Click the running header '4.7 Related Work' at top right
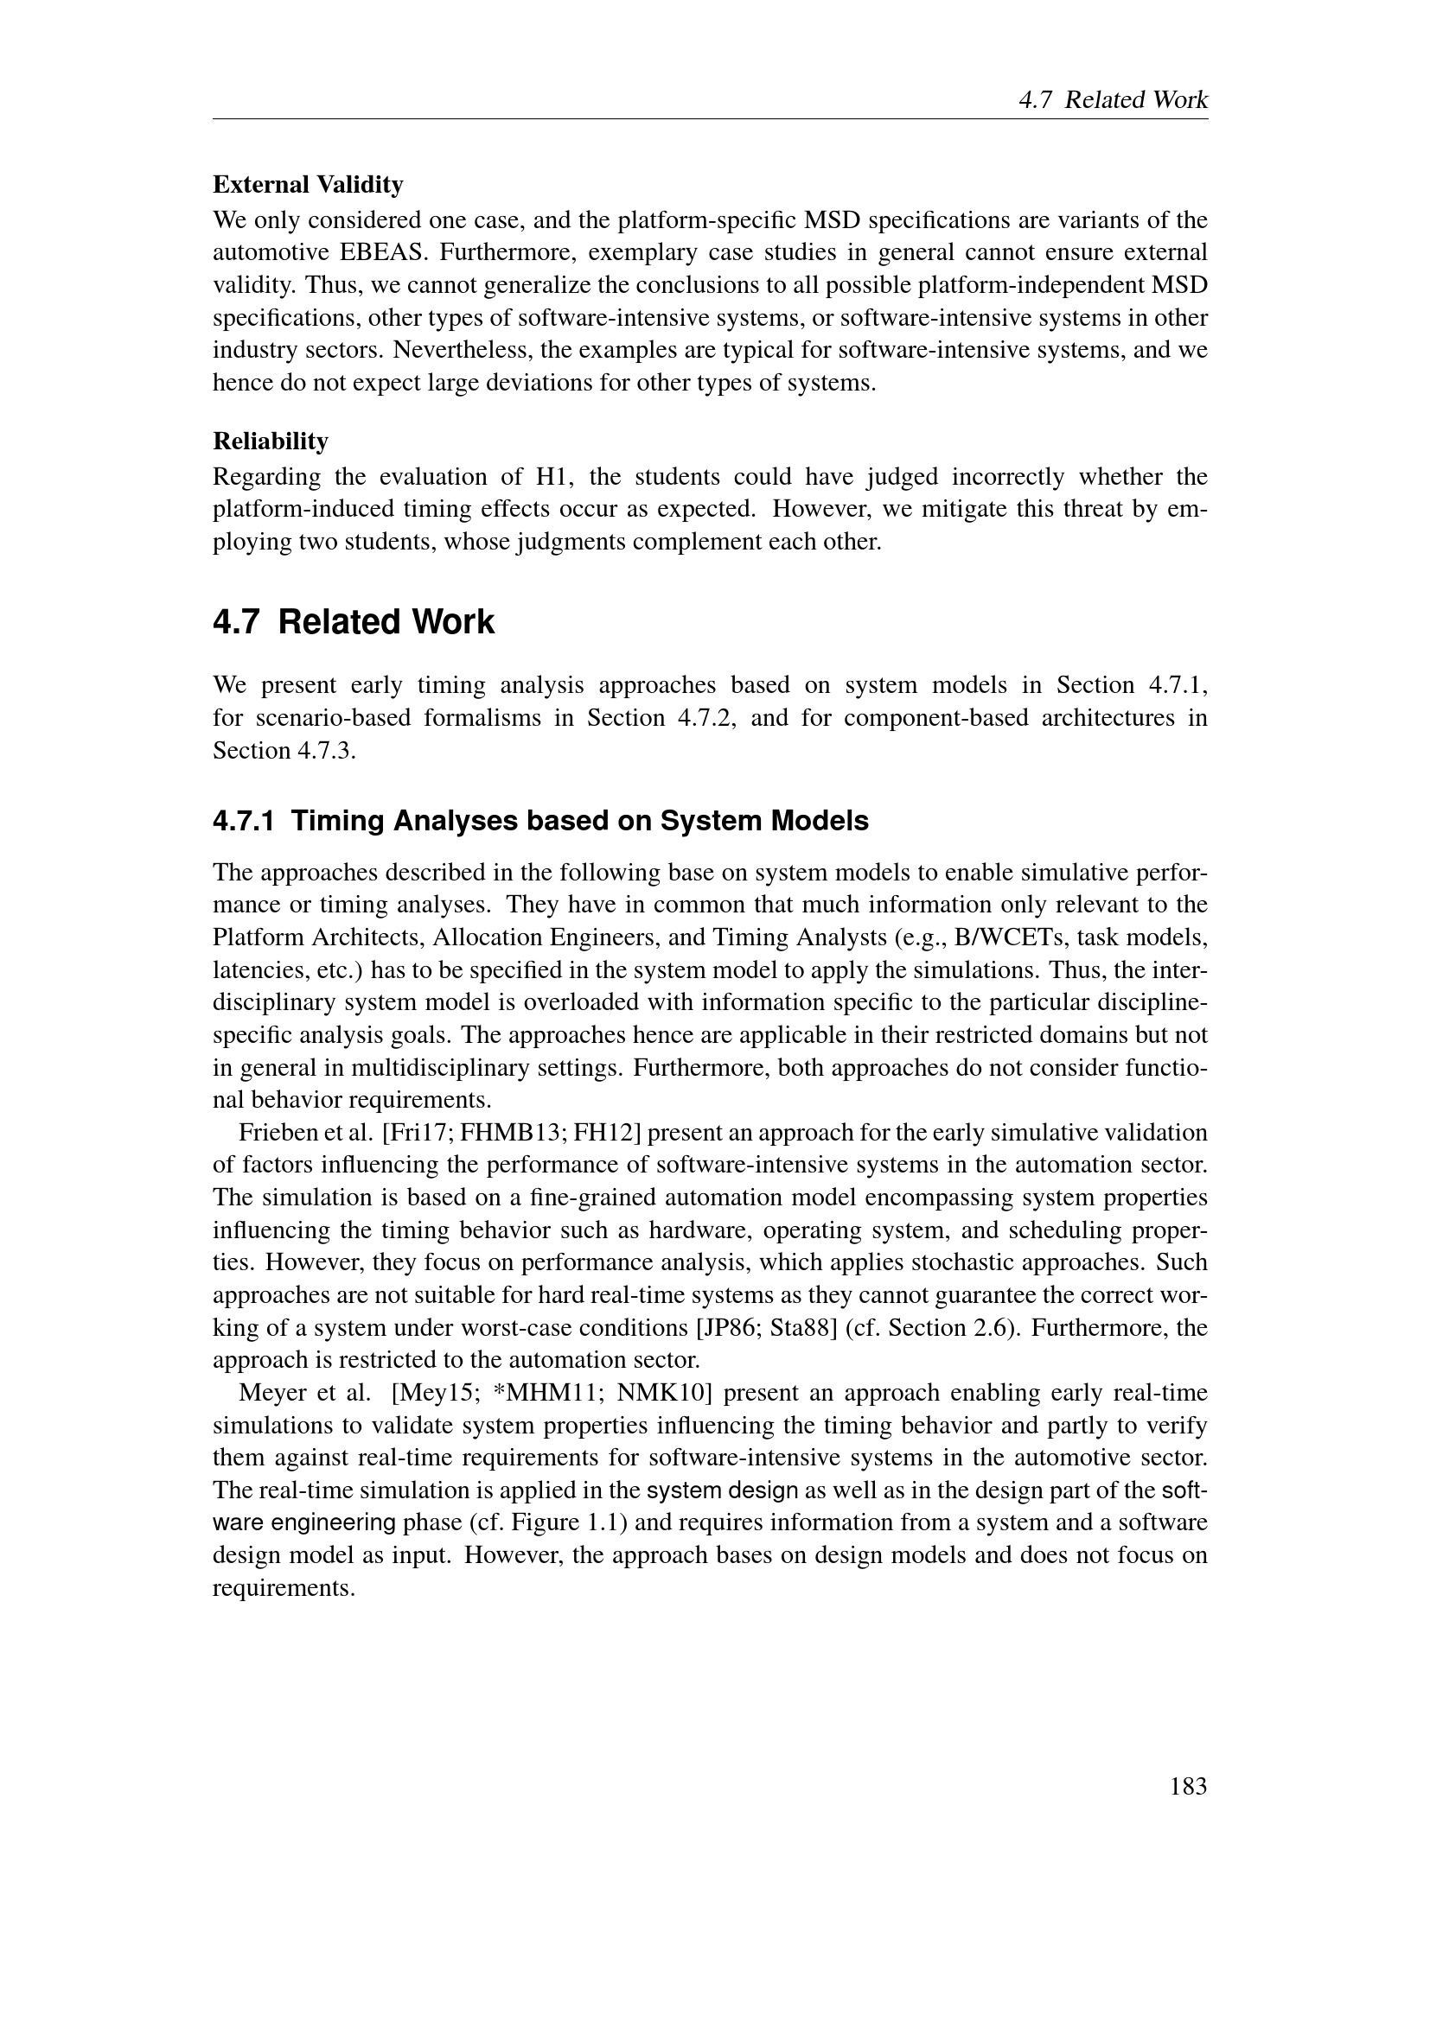click(x=1113, y=100)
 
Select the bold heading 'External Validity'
click(x=308, y=185)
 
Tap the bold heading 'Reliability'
click(x=271, y=440)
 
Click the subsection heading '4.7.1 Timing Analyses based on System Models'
click(x=540, y=820)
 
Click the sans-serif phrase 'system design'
click(x=722, y=1491)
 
